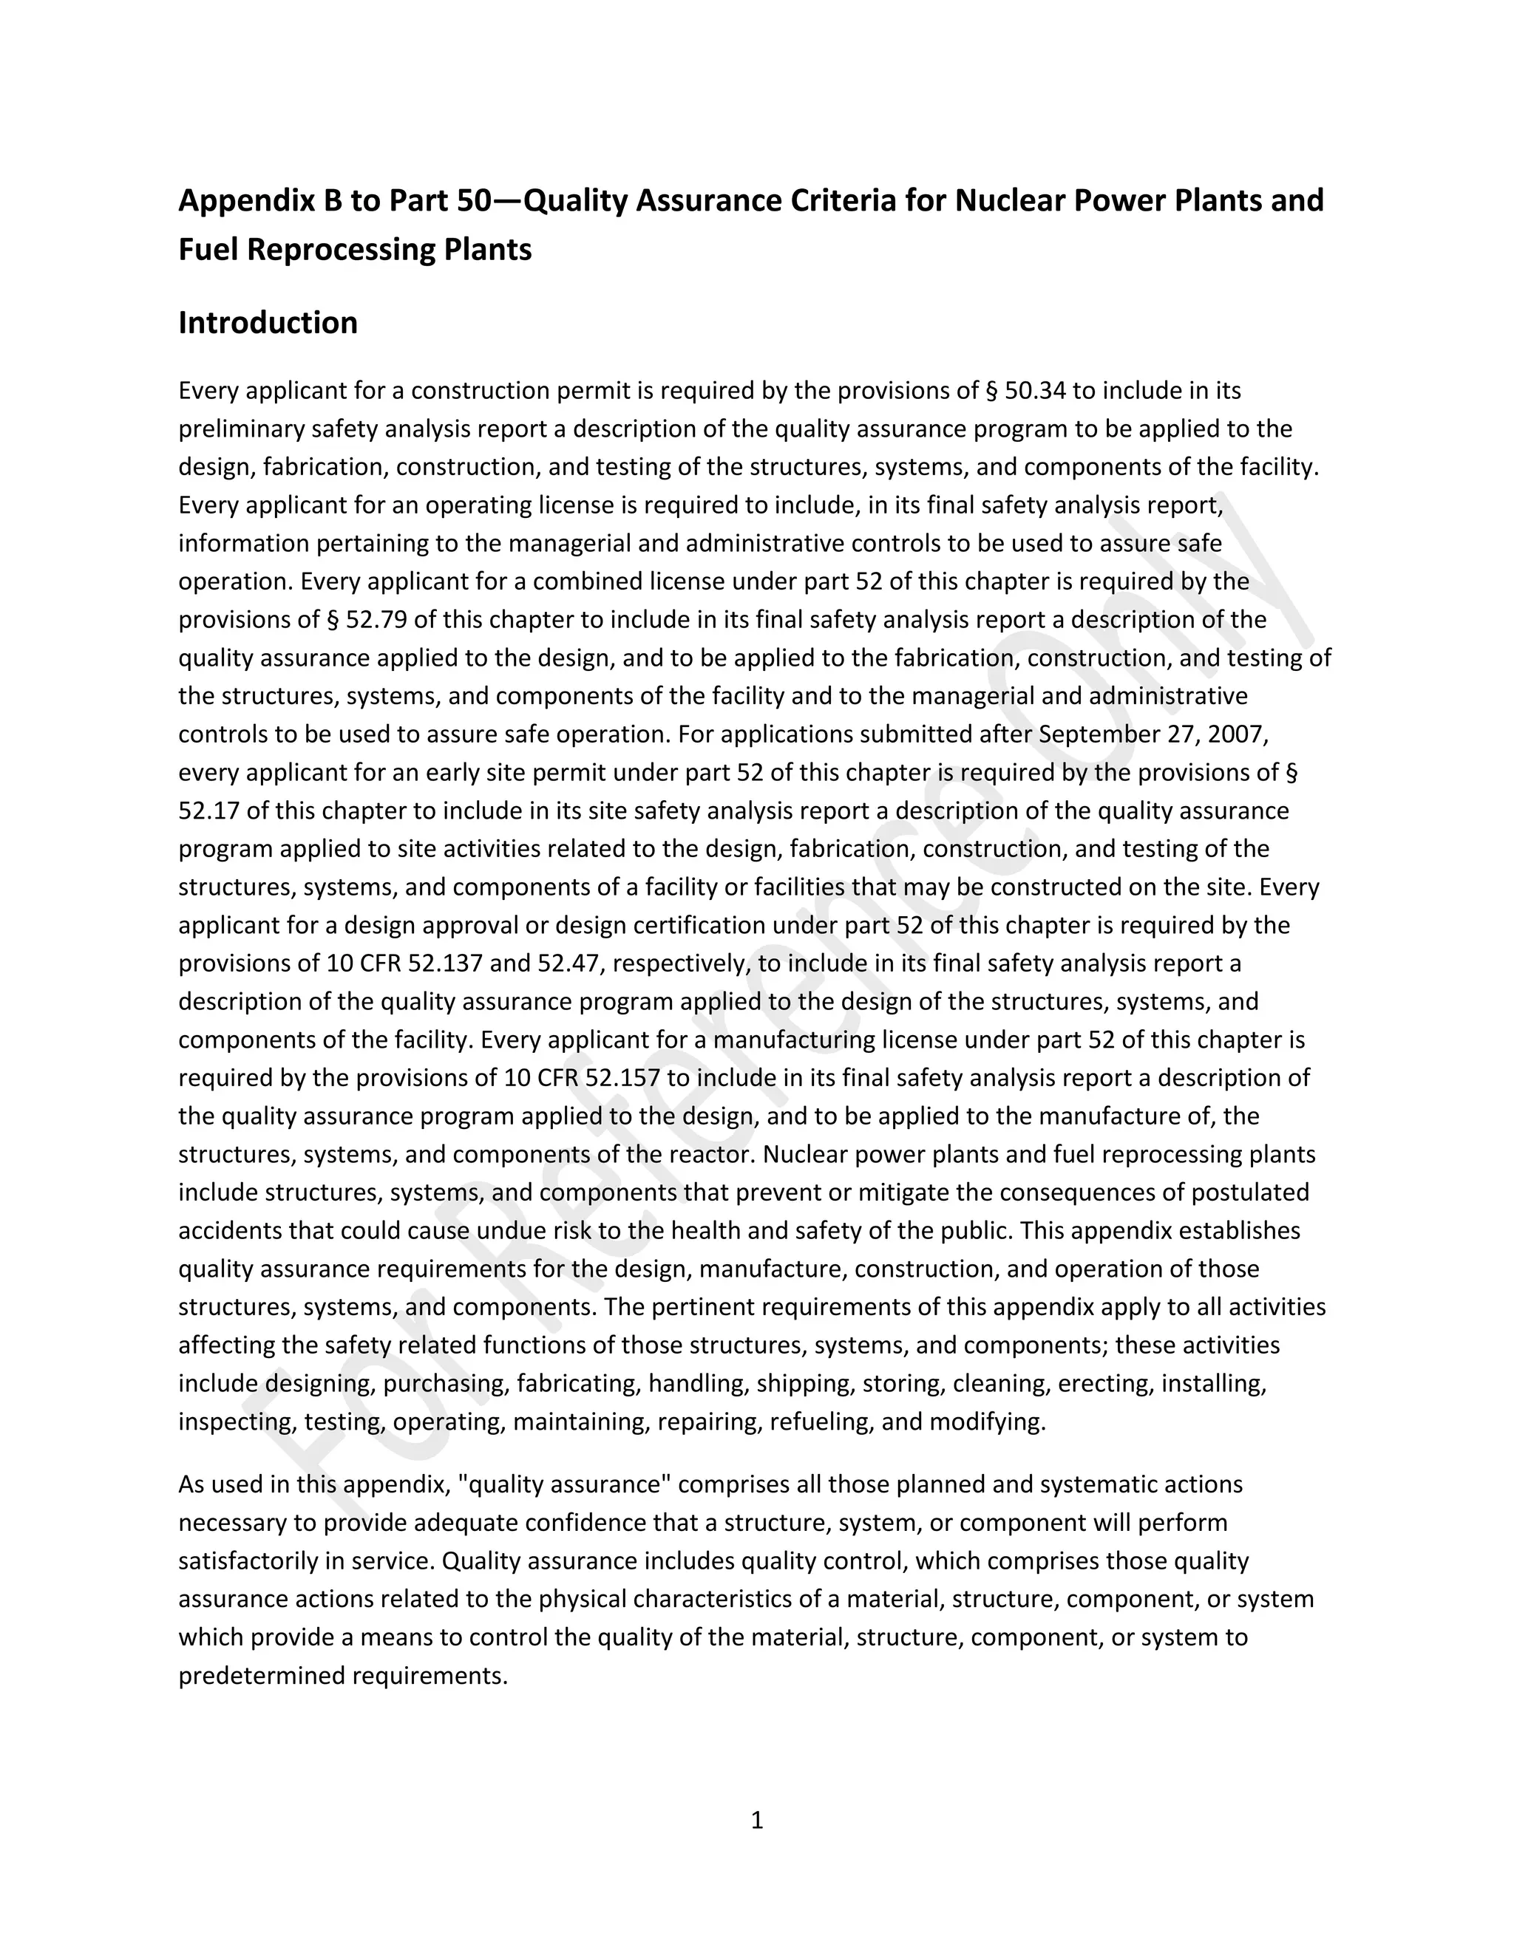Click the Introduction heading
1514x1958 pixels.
(x=268, y=323)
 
